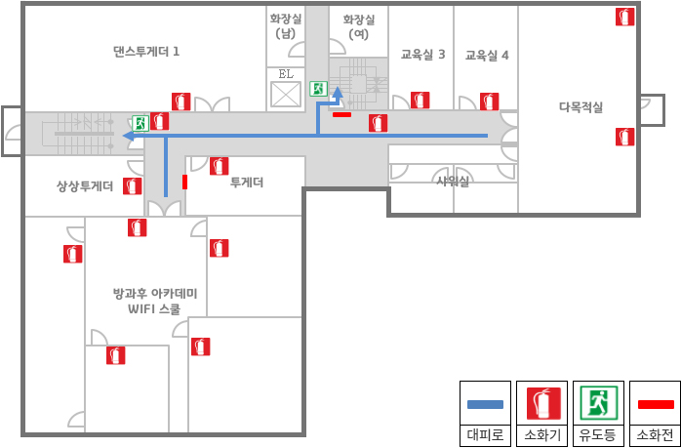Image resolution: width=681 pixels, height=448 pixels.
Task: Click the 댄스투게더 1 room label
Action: tap(146, 52)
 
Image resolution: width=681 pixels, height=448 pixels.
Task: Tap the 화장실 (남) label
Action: tap(285, 26)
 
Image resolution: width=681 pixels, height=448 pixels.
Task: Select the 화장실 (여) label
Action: tap(359, 26)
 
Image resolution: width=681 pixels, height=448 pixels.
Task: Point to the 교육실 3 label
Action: tap(422, 55)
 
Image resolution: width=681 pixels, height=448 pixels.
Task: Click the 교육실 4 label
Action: tap(487, 56)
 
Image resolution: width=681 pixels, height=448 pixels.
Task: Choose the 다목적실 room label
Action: tap(581, 107)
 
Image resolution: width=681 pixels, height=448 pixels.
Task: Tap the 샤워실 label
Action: tap(453, 182)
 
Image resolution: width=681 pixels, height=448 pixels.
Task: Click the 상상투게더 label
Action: tap(85, 186)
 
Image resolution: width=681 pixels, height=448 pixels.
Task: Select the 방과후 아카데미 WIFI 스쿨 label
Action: tap(154, 302)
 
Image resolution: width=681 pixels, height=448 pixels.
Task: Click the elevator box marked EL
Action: tap(286, 95)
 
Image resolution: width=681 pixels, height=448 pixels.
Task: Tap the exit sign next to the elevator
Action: tap(318, 89)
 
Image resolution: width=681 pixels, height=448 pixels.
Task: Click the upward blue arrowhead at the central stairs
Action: tap(338, 92)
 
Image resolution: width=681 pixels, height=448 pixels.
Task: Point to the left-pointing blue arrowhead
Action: tap(128, 136)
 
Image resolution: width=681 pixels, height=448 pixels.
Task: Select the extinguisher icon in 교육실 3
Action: tap(420, 101)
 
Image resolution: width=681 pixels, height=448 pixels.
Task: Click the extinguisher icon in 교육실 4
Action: tap(490, 102)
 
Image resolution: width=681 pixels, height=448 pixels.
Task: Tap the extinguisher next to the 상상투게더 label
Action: tap(132, 186)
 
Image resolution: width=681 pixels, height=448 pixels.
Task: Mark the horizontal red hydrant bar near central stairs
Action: tap(341, 115)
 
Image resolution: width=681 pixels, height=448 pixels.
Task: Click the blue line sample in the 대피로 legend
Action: tap(485, 404)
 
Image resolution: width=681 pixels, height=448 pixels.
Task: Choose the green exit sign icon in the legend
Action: tap(598, 403)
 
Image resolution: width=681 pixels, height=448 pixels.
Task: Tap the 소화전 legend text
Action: tap(655, 434)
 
